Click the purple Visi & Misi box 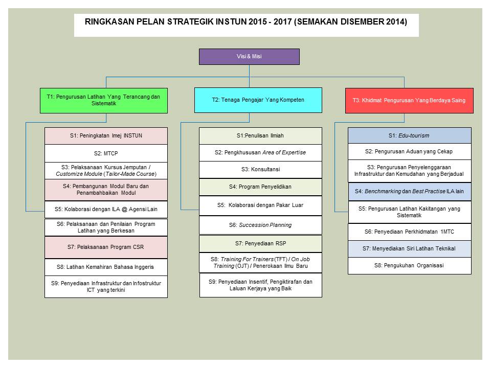(249, 57)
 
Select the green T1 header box (104, 101)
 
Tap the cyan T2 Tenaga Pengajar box (258, 100)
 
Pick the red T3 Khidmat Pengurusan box (409, 101)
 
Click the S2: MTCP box (106, 153)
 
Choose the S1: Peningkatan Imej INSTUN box (106, 136)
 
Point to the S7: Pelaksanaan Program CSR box (106, 247)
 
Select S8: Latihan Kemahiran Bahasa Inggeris (106, 267)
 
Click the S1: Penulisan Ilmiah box (260, 136)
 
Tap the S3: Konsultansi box (260, 170)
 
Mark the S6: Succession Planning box (260, 225)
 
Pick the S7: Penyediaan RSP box (260, 243)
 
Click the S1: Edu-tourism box (410, 135)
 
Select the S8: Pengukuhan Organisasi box (410, 266)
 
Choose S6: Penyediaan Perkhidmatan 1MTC (410, 232)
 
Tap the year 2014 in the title (395, 22)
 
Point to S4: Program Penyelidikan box (260, 187)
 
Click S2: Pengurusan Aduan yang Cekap (410, 152)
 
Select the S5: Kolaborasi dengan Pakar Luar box (260, 205)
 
